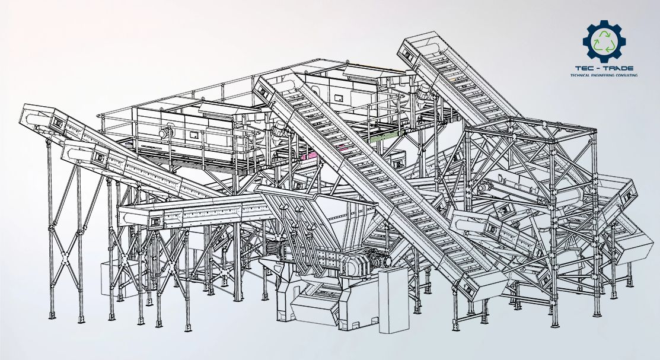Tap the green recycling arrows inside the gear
604,42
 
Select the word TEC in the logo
582,68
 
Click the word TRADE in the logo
618,68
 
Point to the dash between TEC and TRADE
597,68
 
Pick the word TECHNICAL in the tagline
579,75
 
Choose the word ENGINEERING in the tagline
601,75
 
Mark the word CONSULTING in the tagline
626,75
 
